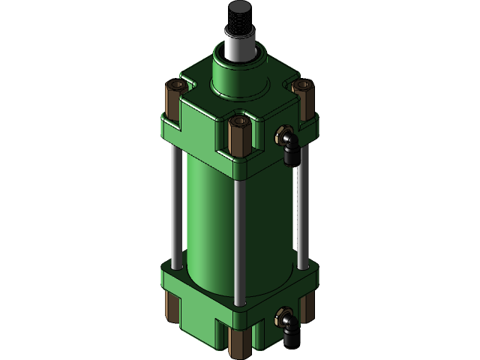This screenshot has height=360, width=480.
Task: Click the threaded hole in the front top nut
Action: tap(239, 119)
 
